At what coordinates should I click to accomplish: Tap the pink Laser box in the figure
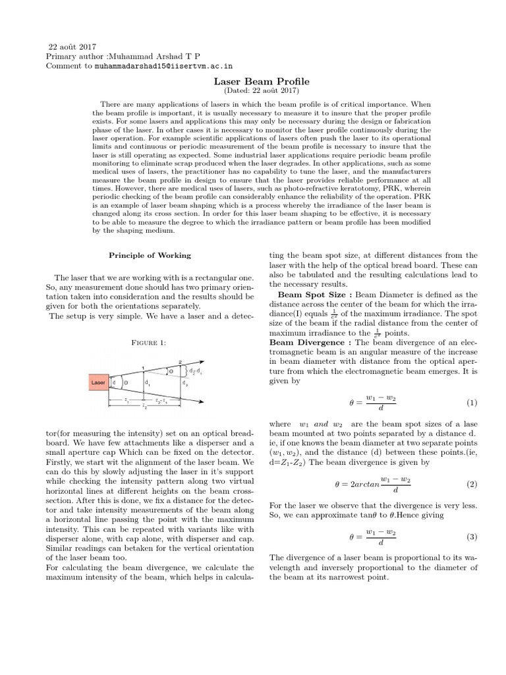click(x=99, y=382)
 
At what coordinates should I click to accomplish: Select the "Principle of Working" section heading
click(x=150, y=255)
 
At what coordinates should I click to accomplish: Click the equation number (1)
click(x=471, y=403)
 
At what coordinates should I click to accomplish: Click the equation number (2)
click(x=471, y=484)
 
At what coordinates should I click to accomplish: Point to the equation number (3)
click(x=471, y=537)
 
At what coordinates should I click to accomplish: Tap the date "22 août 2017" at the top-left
click(x=73, y=47)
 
